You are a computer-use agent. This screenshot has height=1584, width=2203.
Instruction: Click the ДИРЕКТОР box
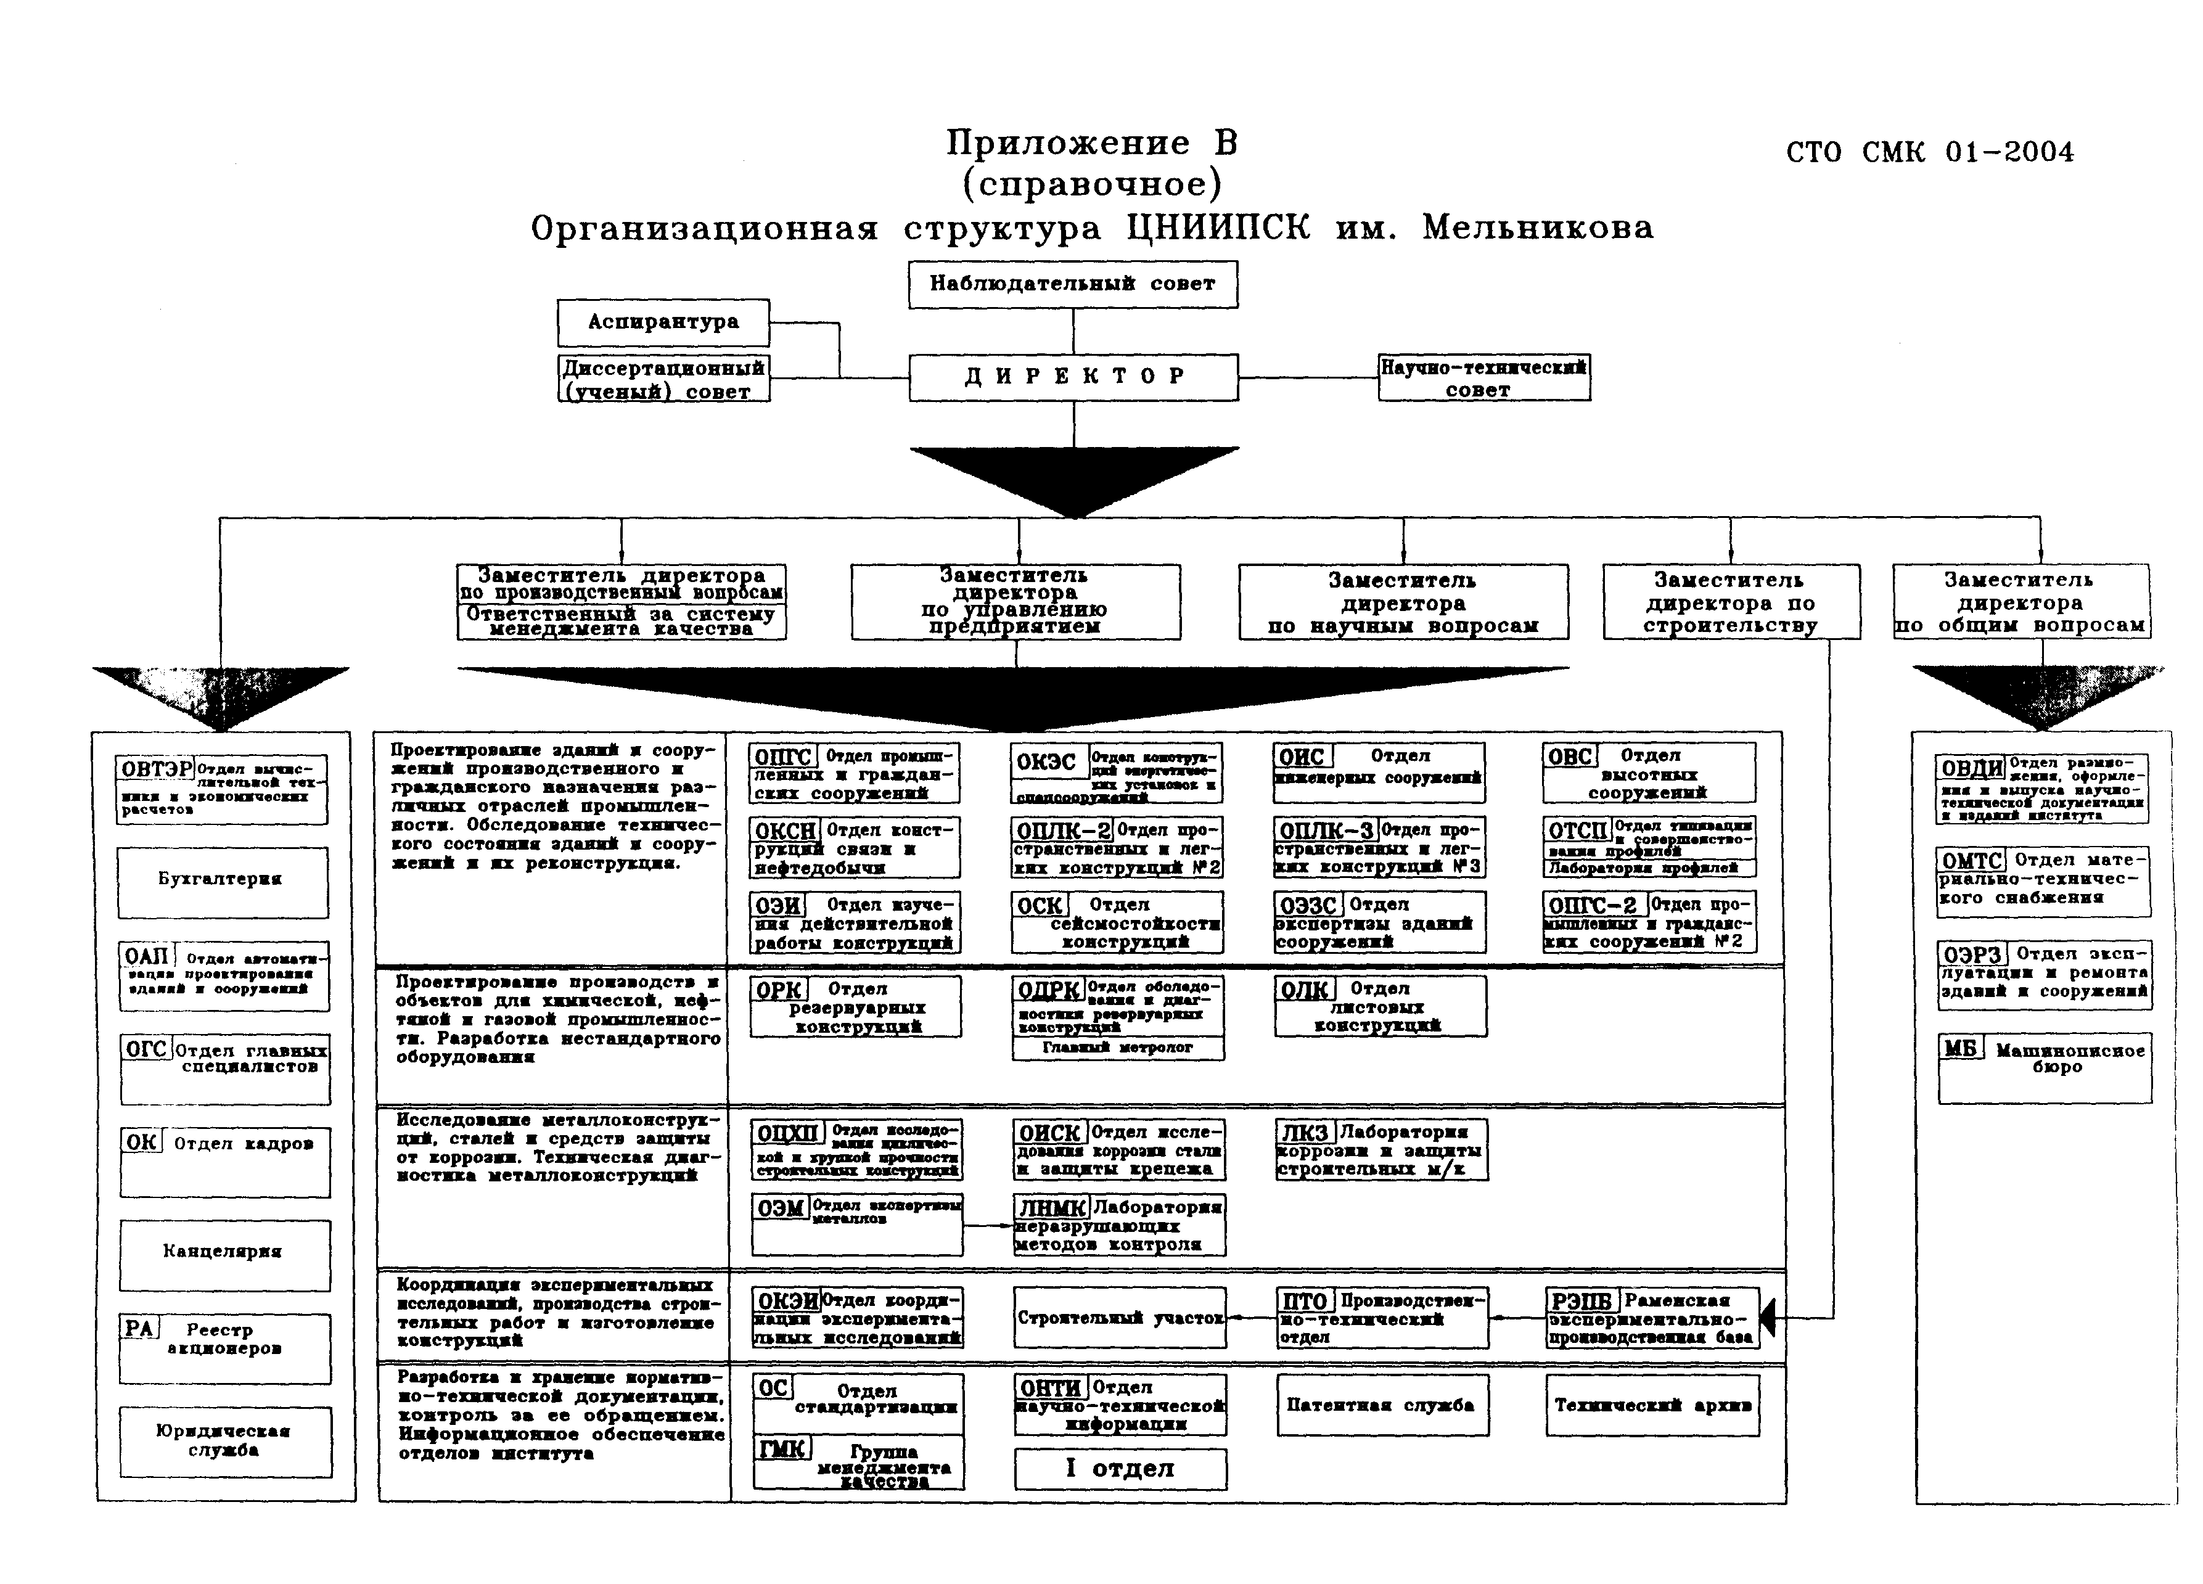pyautogui.click(x=1073, y=377)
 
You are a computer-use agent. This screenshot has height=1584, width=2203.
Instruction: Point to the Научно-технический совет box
pyautogui.click(x=1483, y=378)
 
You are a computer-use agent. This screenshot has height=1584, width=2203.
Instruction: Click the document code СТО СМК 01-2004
pyautogui.click(x=1929, y=152)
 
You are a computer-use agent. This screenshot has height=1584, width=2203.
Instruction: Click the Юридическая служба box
pyautogui.click(x=224, y=1441)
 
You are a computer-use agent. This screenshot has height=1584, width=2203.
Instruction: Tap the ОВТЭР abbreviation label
pyautogui.click(x=155, y=769)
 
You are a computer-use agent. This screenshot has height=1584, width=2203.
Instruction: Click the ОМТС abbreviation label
pyautogui.click(x=1972, y=861)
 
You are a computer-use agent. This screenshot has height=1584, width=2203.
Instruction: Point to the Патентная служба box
pyautogui.click(x=1381, y=1405)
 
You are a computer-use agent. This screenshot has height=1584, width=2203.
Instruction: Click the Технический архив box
pyautogui.click(x=1651, y=1405)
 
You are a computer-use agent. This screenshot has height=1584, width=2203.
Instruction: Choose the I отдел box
pyautogui.click(x=1120, y=1469)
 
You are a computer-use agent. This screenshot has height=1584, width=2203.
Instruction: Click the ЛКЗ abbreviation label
pyautogui.click(x=1305, y=1133)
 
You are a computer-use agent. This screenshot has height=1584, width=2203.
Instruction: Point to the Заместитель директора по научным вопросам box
pyautogui.click(x=1403, y=602)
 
